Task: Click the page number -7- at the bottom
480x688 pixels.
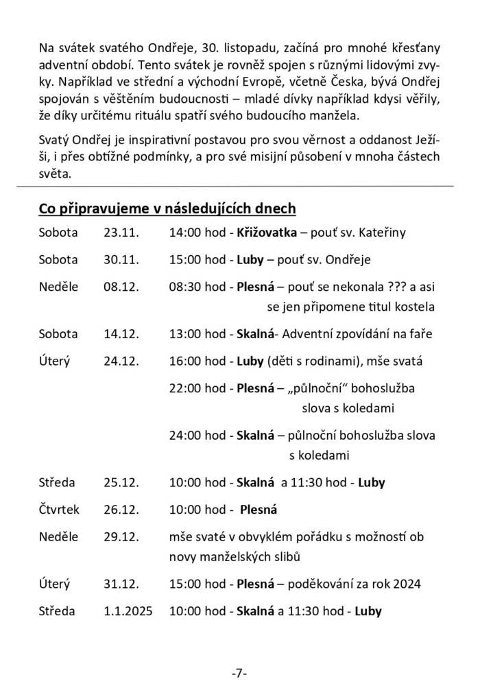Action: point(239,672)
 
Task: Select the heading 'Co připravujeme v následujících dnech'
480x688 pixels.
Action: point(167,208)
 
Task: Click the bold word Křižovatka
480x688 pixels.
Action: point(267,233)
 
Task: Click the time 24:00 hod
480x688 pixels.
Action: point(197,436)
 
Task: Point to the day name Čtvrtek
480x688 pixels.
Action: point(60,510)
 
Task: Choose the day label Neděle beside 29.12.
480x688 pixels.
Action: point(59,537)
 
